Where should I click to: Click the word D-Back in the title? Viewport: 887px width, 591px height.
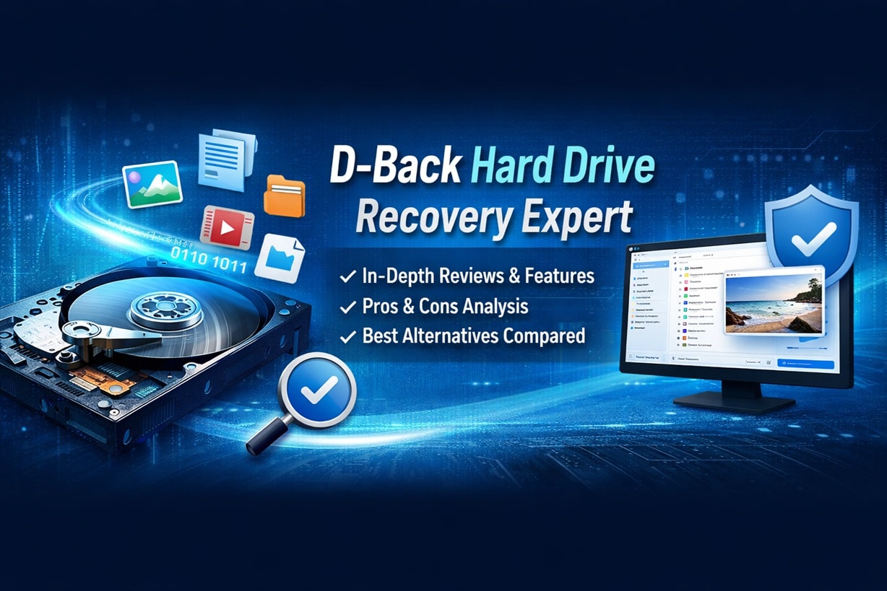pyautogui.click(x=395, y=167)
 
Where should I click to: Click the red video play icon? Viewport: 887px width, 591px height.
pyautogui.click(x=227, y=228)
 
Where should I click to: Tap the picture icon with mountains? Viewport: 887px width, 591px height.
pyautogui.click(x=152, y=184)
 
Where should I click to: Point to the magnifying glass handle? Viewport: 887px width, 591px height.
pyautogui.click(x=261, y=439)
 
